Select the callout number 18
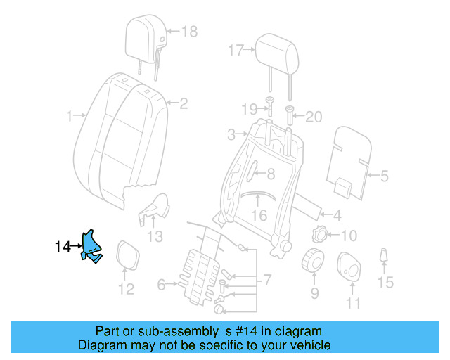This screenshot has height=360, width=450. [x=190, y=32]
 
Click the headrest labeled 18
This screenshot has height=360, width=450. [x=146, y=32]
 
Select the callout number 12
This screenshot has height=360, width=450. [x=125, y=288]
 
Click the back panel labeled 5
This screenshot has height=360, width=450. [x=349, y=161]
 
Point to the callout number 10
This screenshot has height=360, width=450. [x=349, y=236]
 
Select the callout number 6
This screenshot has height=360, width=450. [x=161, y=285]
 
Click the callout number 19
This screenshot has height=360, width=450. [x=250, y=109]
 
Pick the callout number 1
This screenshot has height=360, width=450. [x=70, y=115]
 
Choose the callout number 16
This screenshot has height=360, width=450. [x=259, y=215]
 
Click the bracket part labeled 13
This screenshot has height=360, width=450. [x=155, y=207]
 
